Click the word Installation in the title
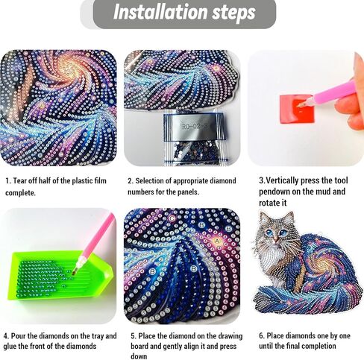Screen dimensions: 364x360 point(161,12)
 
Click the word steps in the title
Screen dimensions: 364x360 point(233,13)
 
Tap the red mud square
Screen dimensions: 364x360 point(296,108)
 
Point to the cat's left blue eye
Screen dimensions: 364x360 point(269,233)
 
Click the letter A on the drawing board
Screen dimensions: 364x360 point(217,241)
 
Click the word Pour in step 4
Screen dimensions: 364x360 point(19,336)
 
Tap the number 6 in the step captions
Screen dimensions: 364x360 point(261,336)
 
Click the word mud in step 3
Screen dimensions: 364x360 point(325,192)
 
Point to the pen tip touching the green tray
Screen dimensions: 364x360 point(74,273)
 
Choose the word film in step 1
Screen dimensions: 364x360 point(100,180)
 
